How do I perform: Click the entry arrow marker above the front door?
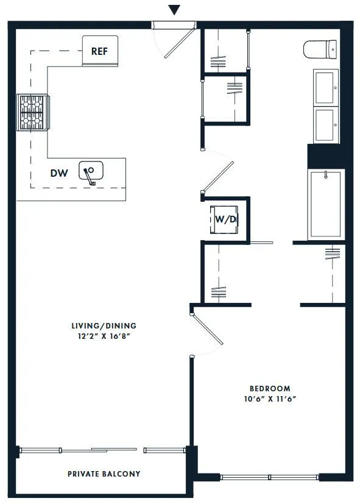coord(175,10)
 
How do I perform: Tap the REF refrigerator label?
coord(100,51)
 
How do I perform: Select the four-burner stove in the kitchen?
coord(34,112)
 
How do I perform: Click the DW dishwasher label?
coord(59,173)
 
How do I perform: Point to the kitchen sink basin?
coord(91,172)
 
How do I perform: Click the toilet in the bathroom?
coord(320,49)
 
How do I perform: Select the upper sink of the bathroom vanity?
coord(325,87)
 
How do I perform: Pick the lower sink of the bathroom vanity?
coord(325,124)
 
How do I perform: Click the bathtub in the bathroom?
coord(326,205)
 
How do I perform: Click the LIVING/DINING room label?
coord(103,325)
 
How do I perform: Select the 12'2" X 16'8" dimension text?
coord(103,336)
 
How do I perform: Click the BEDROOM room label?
coord(270,388)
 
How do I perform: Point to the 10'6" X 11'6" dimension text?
coord(270,399)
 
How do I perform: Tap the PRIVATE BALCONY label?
coord(104,474)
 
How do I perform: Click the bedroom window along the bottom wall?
coord(269,477)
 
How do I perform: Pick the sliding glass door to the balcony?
coord(102,450)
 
